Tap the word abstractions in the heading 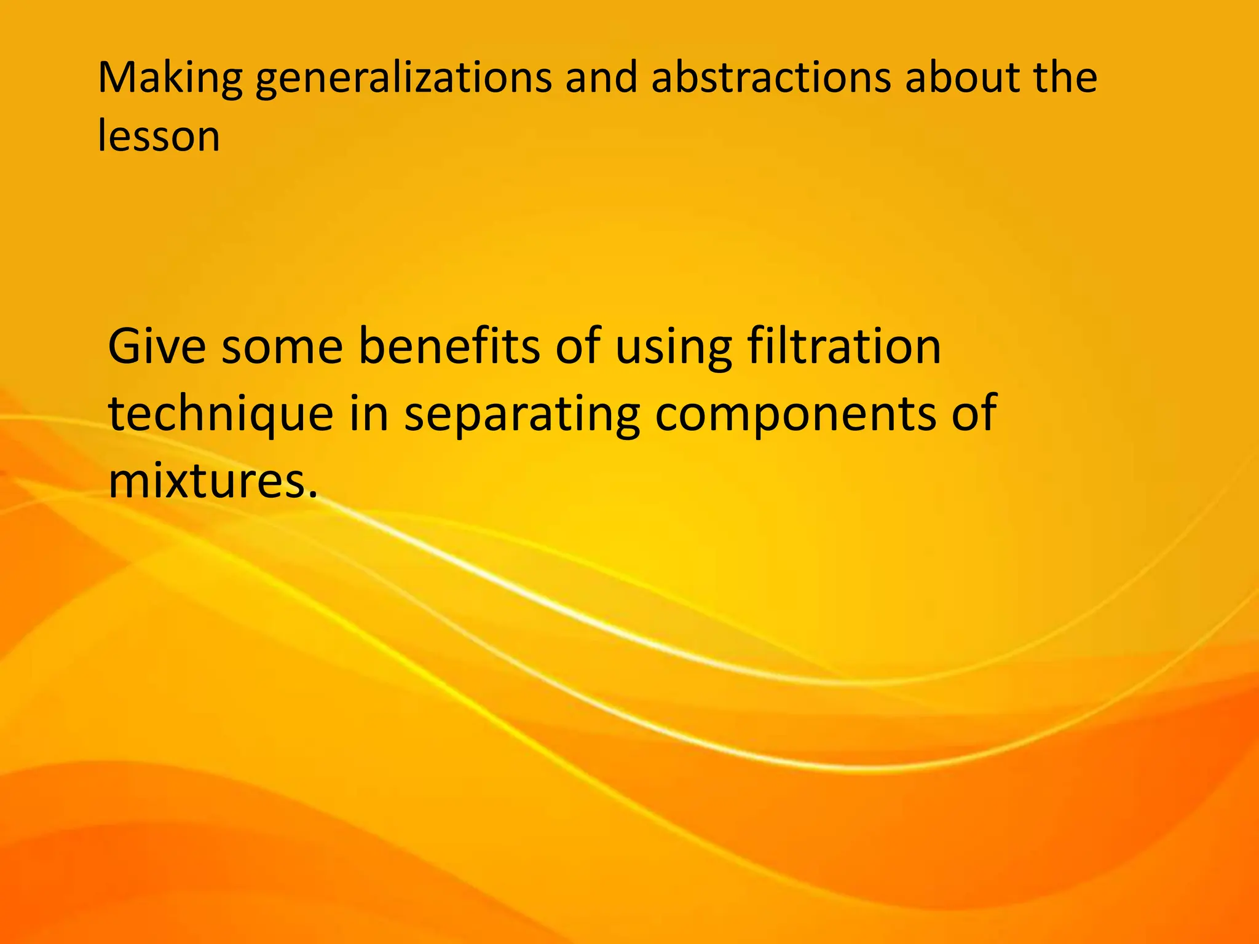771,78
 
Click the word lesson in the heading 159,136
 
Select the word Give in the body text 157,347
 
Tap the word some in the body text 282,348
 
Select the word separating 522,415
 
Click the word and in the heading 601,78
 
